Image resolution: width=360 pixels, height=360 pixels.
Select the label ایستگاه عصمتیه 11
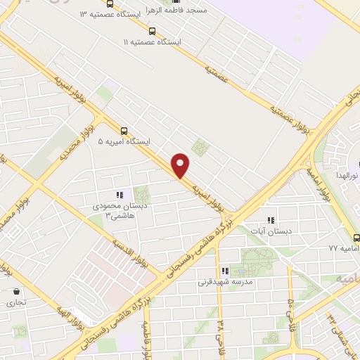click(x=153, y=42)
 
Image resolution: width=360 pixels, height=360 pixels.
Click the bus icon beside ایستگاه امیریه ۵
click(x=124, y=130)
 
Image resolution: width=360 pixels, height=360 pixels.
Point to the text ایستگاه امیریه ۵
click(x=124, y=141)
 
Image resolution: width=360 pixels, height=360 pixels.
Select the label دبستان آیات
click(x=273, y=230)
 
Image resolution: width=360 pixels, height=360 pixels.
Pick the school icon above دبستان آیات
click(x=271, y=219)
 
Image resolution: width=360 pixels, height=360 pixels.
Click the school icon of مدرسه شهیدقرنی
click(x=225, y=271)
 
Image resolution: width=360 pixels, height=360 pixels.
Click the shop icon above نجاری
click(x=15, y=291)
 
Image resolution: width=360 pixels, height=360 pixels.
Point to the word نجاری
click(x=15, y=302)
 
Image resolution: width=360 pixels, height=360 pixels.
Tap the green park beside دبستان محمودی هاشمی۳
click(x=143, y=195)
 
